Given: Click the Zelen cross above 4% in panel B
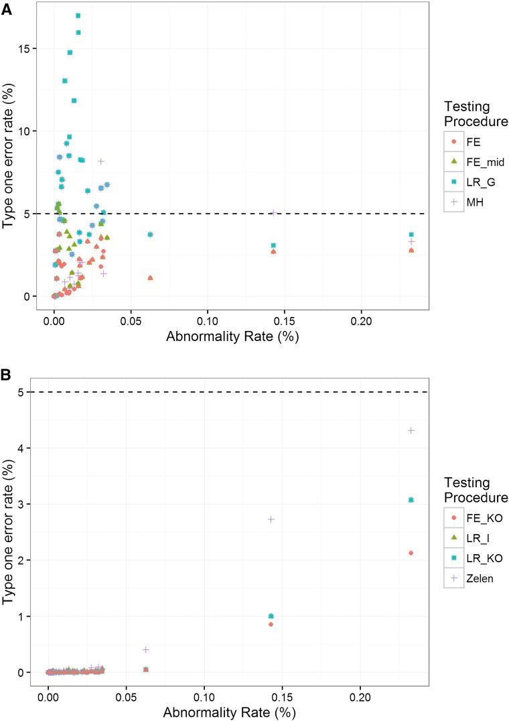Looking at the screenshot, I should pos(411,430).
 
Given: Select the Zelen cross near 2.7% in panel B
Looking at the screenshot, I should pos(271,519).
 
